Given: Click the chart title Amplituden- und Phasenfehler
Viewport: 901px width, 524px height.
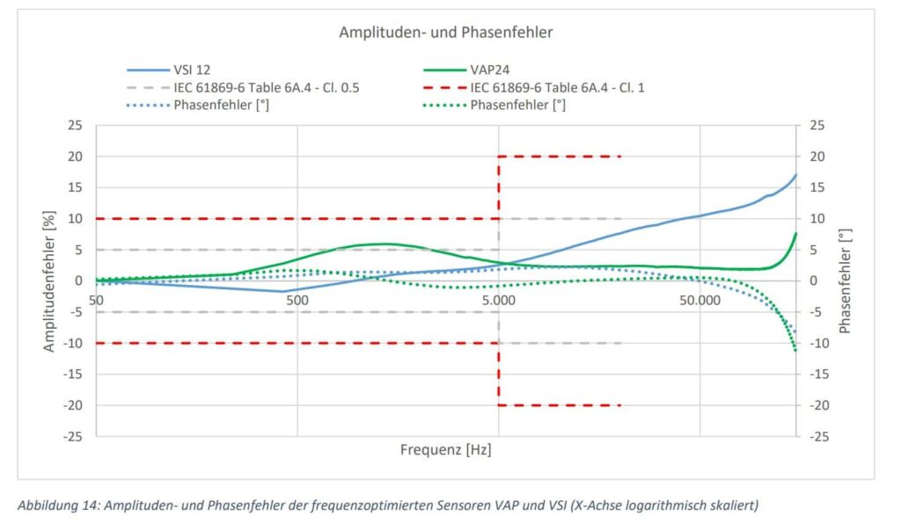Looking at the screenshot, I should [445, 33].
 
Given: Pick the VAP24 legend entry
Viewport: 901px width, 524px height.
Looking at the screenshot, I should [491, 69].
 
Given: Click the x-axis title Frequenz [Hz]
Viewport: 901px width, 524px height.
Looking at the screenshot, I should [445, 450].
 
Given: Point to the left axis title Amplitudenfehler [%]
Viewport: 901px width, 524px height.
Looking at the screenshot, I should [50, 280].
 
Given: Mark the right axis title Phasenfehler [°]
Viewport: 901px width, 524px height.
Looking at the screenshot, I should [846, 280].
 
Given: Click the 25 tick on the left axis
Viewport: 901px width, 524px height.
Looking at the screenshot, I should [76, 126].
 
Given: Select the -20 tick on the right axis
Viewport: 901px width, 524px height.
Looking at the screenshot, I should [817, 405].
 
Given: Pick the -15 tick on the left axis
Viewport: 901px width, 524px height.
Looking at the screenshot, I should [74, 374].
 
